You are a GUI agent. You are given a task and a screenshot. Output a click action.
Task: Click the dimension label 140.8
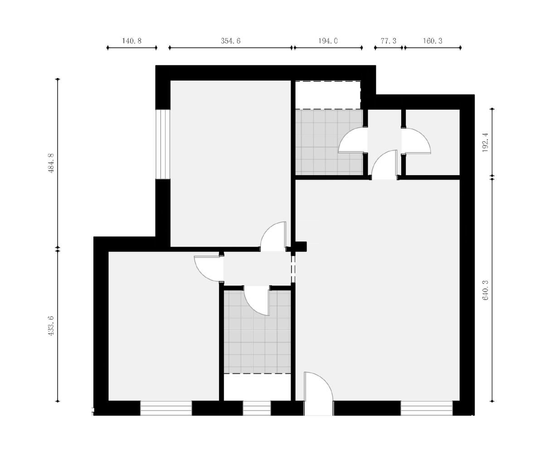131,41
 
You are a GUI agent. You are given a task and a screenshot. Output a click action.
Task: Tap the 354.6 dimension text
231,41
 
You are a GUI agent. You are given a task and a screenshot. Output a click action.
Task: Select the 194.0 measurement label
328,41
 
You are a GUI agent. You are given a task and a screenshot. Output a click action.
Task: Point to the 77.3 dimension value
389,41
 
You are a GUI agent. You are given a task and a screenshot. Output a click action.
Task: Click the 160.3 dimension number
432,41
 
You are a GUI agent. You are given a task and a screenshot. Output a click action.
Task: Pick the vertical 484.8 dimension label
51,163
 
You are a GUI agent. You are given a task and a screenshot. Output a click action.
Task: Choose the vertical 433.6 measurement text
51,325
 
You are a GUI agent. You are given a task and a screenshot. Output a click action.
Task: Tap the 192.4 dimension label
486,142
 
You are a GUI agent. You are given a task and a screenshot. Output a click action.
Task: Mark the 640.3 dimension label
486,290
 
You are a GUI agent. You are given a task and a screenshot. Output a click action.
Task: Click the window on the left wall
163,144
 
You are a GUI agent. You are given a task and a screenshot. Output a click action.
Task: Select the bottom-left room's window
166,408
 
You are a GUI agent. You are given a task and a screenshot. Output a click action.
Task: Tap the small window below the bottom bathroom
257,408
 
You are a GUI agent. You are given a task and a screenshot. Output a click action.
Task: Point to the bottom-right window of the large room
427,408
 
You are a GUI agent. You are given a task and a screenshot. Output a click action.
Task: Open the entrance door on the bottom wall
318,394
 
